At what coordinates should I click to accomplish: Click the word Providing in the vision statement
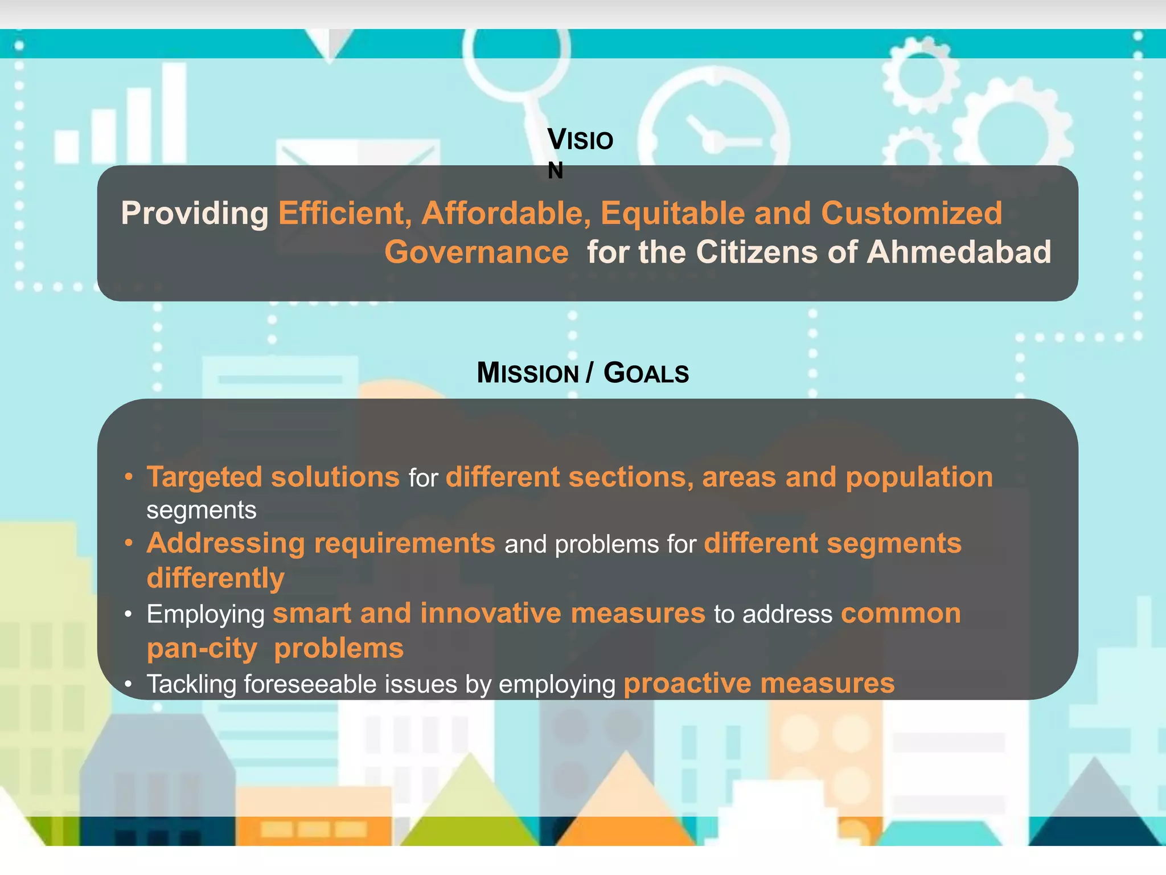coord(194,214)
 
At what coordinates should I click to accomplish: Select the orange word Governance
coord(477,252)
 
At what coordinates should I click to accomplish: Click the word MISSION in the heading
coord(528,373)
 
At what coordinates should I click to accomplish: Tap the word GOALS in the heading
coord(646,373)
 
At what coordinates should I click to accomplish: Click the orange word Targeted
coord(204,477)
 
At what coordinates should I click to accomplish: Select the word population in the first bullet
coord(919,477)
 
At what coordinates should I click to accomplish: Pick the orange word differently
coord(215,578)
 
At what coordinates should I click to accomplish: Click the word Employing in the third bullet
coord(206,614)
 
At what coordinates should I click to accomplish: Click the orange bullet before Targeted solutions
coord(129,476)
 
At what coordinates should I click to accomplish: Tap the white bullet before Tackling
coord(129,684)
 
